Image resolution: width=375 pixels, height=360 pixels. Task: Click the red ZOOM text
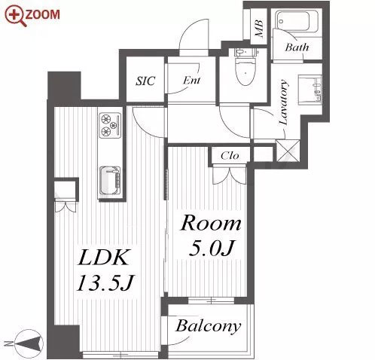43,14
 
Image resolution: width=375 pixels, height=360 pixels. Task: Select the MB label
258,28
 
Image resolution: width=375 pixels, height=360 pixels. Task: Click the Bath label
297,47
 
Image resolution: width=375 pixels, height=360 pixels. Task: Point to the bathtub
297,21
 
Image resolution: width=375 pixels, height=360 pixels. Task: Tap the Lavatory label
283,102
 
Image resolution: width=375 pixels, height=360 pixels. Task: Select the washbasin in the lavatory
309,89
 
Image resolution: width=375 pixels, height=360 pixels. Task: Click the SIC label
145,81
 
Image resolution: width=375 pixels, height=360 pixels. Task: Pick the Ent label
191,81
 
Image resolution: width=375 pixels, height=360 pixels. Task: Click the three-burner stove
110,125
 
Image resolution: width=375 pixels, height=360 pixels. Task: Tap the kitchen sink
111,180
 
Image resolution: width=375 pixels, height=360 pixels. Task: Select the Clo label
230,156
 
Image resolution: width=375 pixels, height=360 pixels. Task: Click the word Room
211,223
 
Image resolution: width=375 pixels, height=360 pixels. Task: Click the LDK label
103,257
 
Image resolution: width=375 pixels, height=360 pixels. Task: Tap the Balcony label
208,326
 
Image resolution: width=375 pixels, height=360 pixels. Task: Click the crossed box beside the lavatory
288,151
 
